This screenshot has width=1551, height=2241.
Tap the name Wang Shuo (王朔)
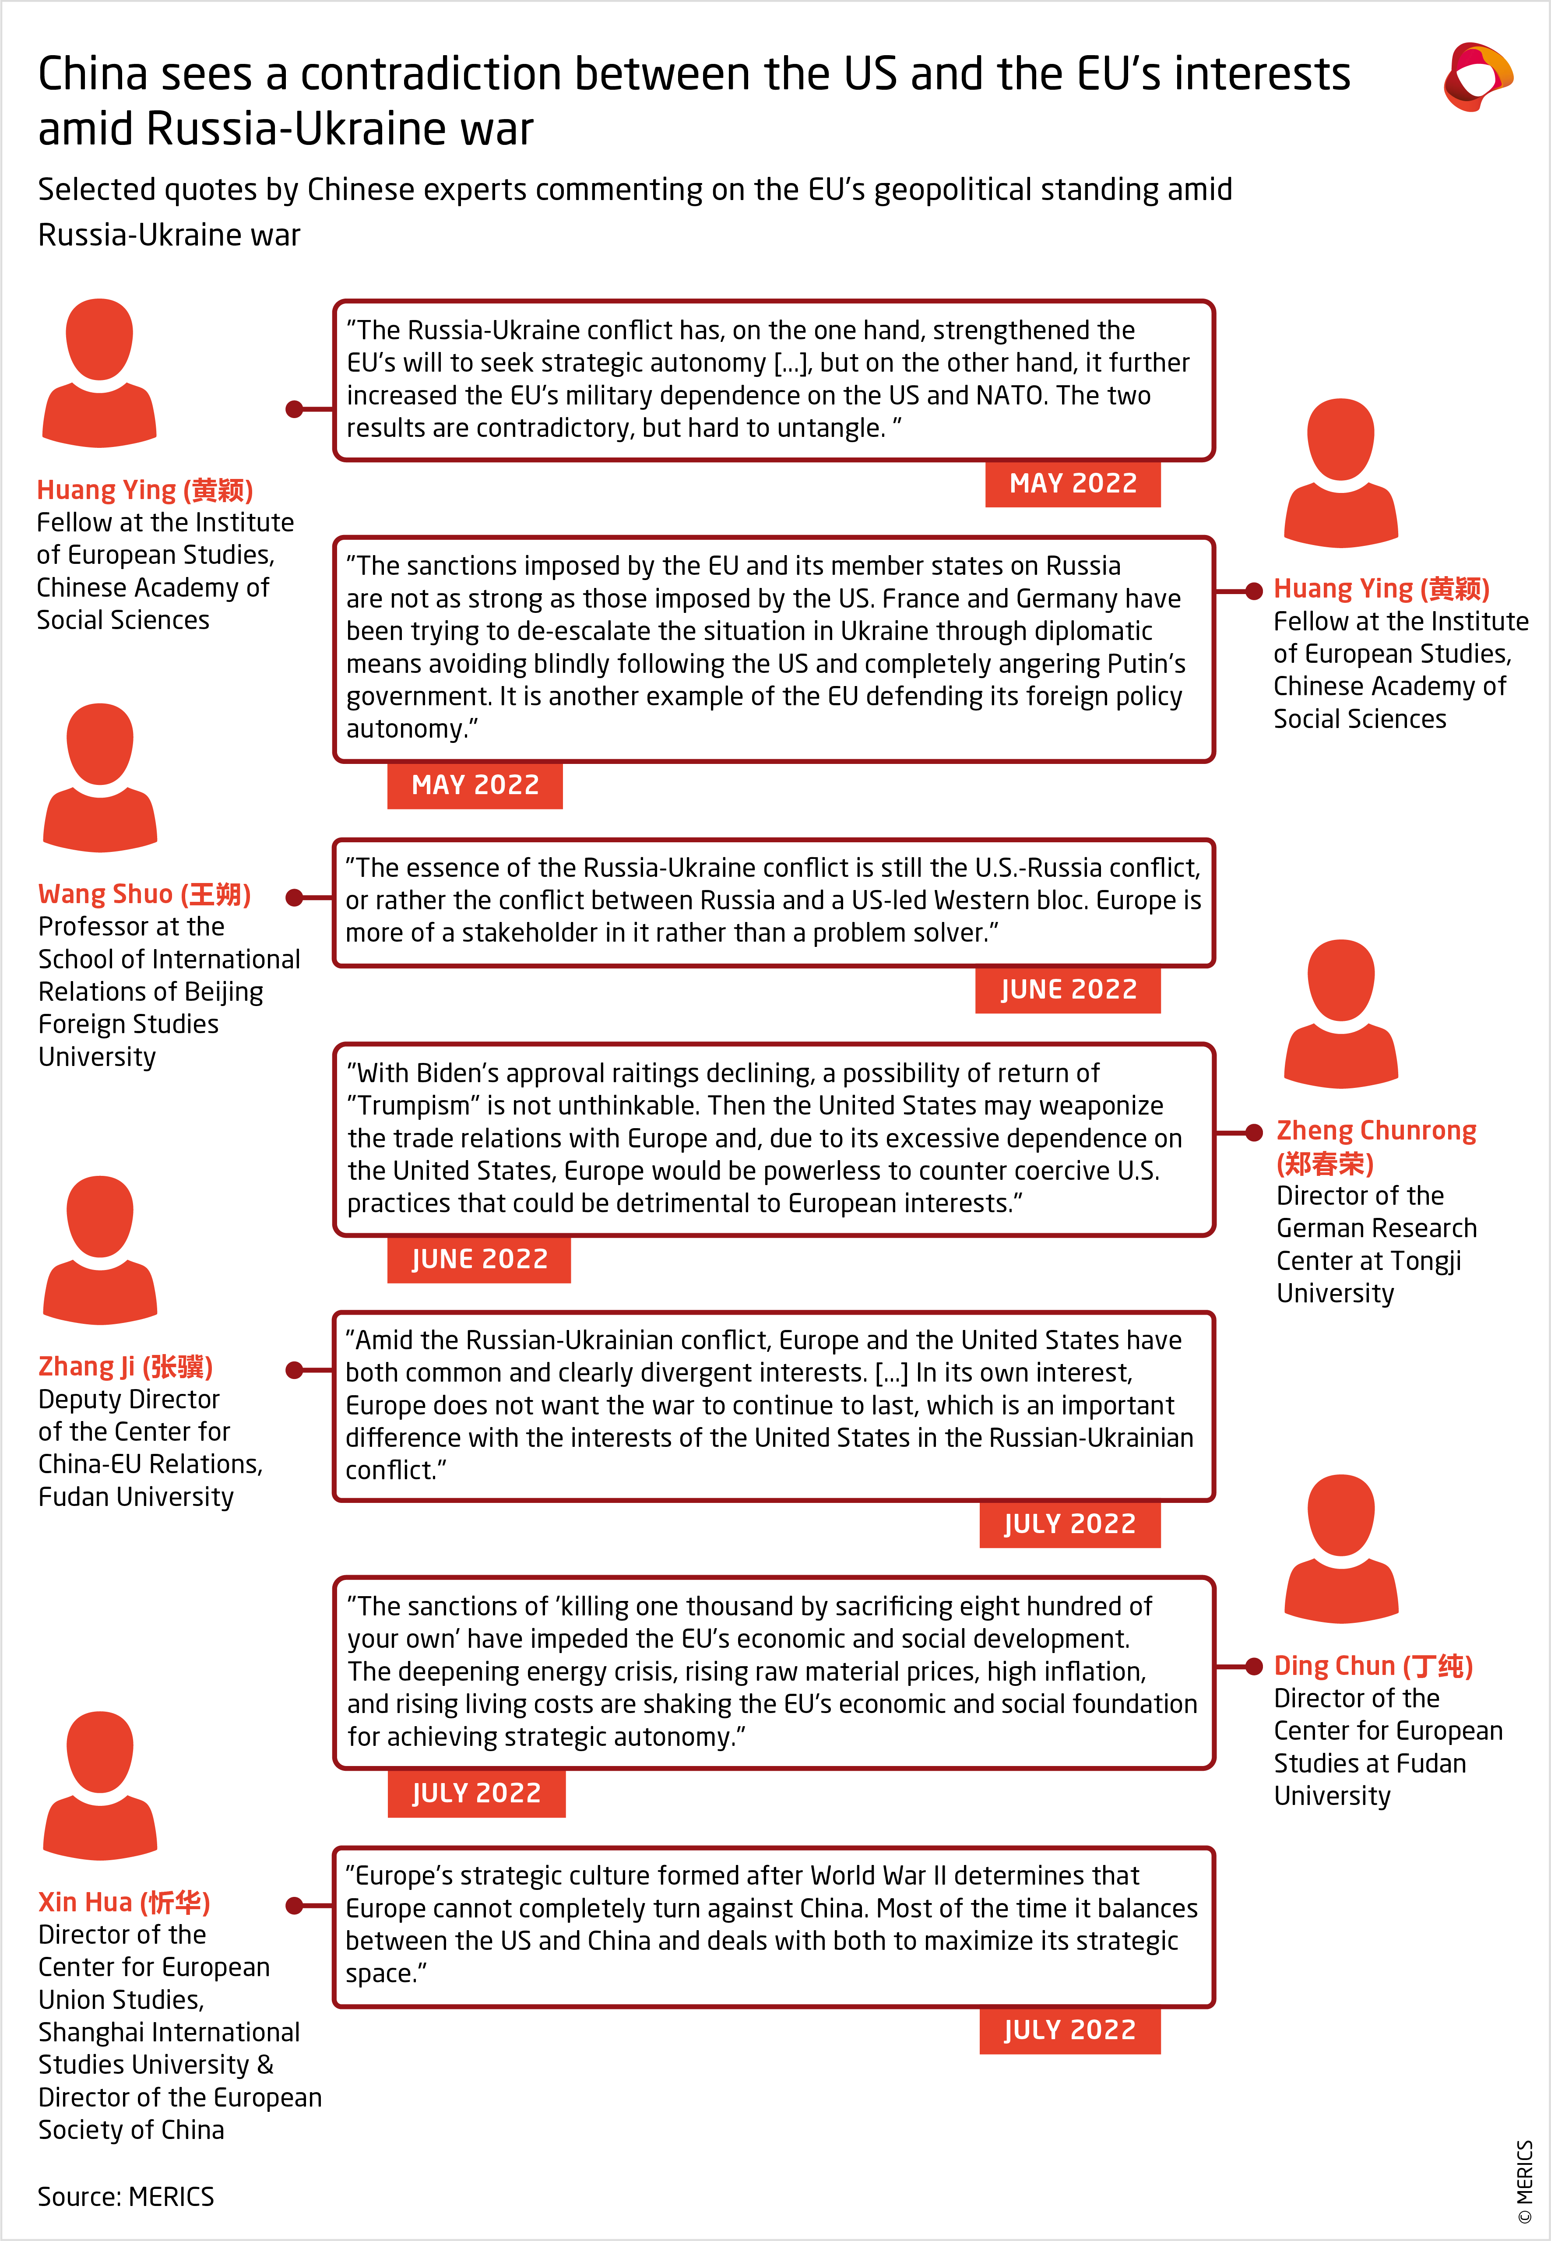tap(144, 894)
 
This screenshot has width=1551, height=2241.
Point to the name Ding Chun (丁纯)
tap(1372, 1666)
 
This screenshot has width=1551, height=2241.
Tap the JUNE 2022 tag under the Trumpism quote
tap(479, 1259)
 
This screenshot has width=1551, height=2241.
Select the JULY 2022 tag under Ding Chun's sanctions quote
tap(476, 1793)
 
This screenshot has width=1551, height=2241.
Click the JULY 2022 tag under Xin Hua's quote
tap(1069, 2030)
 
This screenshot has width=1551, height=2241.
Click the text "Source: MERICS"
tap(125, 2196)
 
